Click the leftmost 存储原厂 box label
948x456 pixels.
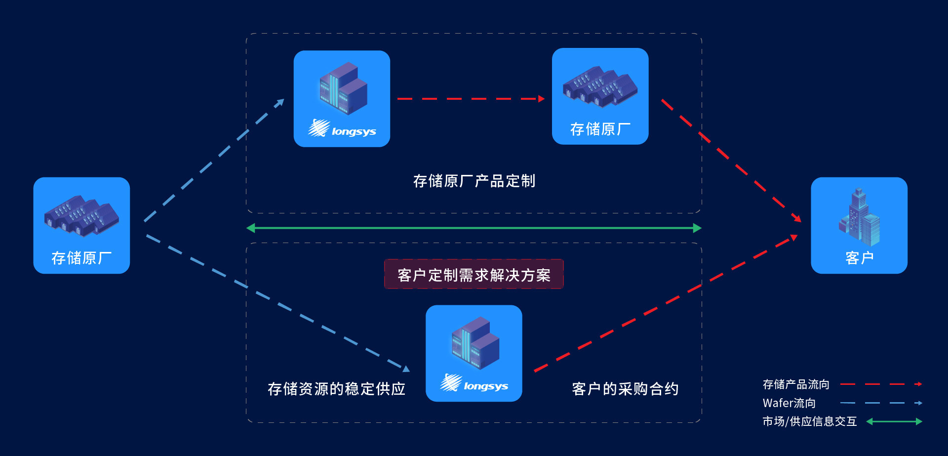pyautogui.click(x=81, y=258)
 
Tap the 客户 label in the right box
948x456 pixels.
pyautogui.click(x=859, y=258)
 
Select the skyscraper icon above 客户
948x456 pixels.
pyautogui.click(x=860, y=217)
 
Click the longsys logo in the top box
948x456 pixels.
pyautogui.click(x=342, y=129)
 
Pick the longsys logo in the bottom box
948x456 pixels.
pyautogui.click(x=474, y=384)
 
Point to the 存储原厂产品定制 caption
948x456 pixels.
pyautogui.click(x=474, y=181)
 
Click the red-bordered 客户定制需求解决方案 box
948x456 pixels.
pyautogui.click(x=474, y=275)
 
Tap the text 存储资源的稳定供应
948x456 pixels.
pyautogui.click(x=336, y=389)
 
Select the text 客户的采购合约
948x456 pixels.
pyautogui.click(x=625, y=389)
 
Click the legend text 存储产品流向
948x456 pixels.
pyautogui.click(x=796, y=384)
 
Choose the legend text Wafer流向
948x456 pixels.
pyautogui.click(x=789, y=403)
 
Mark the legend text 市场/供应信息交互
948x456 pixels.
pyautogui.click(x=809, y=421)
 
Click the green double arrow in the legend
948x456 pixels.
pyautogui.click(x=894, y=421)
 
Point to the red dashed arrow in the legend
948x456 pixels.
pyautogui.click(x=881, y=384)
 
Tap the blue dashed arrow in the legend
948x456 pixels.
pyautogui.click(x=881, y=403)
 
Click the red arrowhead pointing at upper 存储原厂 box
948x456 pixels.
pyautogui.click(x=541, y=99)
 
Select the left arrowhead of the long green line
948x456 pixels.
pyautogui.click(x=251, y=228)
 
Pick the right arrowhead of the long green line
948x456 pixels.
pyautogui.click(x=697, y=228)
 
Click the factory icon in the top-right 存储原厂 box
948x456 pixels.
pyautogui.click(x=600, y=87)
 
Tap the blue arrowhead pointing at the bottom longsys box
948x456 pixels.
pyautogui.click(x=406, y=368)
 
